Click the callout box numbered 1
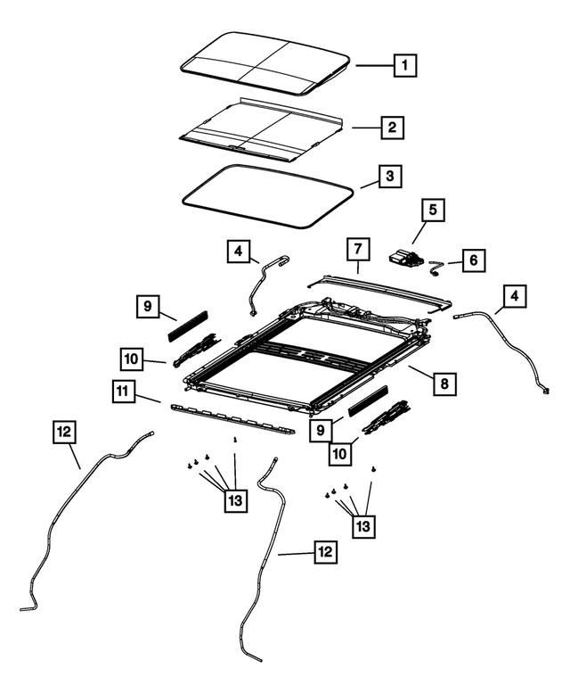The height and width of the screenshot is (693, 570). pyautogui.click(x=404, y=65)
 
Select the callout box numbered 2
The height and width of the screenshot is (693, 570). pyautogui.click(x=389, y=128)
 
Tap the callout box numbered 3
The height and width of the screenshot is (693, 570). pyautogui.click(x=387, y=177)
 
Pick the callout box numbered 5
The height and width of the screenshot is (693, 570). pyautogui.click(x=433, y=211)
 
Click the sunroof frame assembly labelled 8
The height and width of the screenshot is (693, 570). pyautogui.click(x=294, y=357)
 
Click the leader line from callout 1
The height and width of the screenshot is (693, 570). pyautogui.click(x=371, y=65)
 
